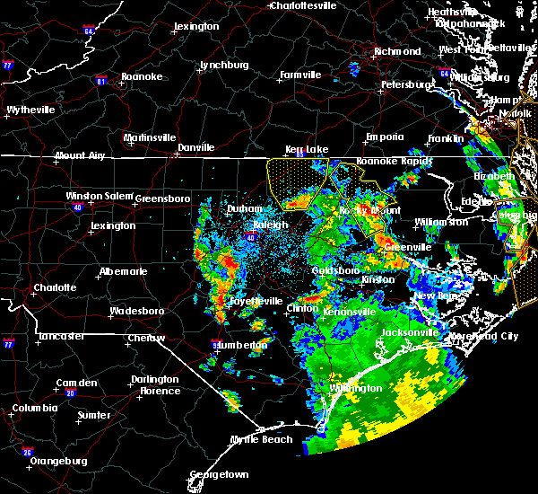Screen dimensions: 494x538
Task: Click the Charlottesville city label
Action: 304,5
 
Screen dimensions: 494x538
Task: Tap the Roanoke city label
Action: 143,77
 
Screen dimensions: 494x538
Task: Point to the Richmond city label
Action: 396,52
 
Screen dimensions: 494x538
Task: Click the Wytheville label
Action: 30,110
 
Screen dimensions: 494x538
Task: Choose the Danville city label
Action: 195,147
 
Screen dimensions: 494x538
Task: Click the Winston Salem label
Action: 97,197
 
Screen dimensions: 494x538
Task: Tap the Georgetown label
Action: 219,474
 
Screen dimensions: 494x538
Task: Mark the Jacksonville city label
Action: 410,332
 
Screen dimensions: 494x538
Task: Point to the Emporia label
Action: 385,137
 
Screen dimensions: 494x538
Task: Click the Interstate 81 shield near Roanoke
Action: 100,80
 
